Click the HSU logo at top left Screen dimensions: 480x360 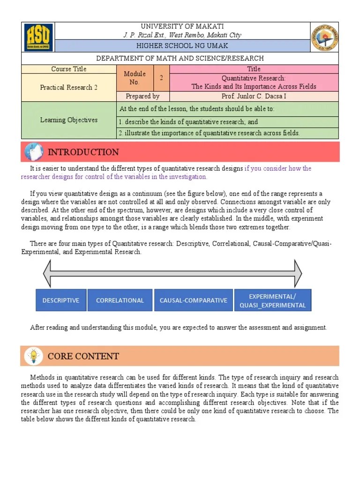tap(39, 37)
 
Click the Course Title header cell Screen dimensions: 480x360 tap(69, 69)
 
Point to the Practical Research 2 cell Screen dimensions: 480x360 tap(69, 87)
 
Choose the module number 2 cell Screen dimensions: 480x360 tap(161, 78)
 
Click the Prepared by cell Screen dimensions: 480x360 tap(142, 96)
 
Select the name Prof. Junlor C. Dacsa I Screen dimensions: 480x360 tap(254, 96)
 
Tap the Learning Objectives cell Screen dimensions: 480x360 tap(69, 120)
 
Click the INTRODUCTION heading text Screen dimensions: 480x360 tap(83, 152)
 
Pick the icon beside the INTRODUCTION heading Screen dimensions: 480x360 tap(33, 152)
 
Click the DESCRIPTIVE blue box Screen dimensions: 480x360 tap(61, 300)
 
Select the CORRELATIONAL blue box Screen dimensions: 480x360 tap(120, 300)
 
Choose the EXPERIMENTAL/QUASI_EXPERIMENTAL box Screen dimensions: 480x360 tap(272, 300)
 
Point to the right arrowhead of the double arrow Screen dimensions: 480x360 tap(297, 271)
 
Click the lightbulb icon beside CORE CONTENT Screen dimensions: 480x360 tap(33, 356)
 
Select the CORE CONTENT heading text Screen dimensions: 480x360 tap(83, 356)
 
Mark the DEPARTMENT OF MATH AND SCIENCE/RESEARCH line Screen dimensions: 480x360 tap(180, 58)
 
